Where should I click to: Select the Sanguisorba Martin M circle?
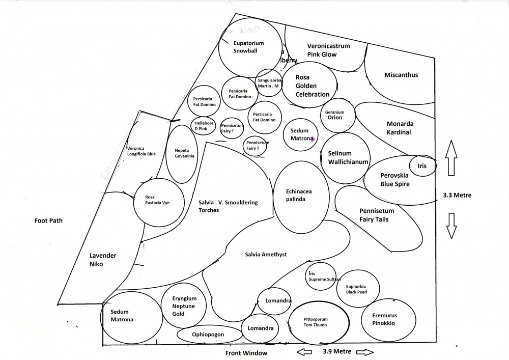click(268, 83)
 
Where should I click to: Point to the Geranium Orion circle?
click(334, 116)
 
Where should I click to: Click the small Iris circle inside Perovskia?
click(422, 166)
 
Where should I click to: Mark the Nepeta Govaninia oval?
click(182, 154)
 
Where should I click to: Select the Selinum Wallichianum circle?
click(346, 158)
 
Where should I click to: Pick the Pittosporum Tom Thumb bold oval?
click(318, 321)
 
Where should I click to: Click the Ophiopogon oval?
click(209, 335)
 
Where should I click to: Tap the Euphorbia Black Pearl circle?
click(358, 289)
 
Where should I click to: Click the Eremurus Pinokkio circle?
click(384, 319)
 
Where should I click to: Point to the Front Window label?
click(246, 353)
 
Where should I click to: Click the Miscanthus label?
click(401, 75)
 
